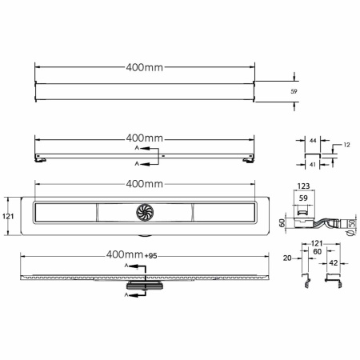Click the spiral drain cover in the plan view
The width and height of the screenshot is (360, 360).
145,213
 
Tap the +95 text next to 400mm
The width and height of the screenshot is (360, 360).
150,256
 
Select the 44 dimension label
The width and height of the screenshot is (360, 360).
313,140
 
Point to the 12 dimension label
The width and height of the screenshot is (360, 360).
346,145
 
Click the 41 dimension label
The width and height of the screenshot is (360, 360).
313,165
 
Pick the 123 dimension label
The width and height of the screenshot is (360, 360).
303,186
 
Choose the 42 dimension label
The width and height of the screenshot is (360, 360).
334,263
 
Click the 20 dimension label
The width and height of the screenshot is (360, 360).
287,258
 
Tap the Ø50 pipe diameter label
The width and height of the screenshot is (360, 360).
352,227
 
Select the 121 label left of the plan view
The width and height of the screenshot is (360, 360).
8,216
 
